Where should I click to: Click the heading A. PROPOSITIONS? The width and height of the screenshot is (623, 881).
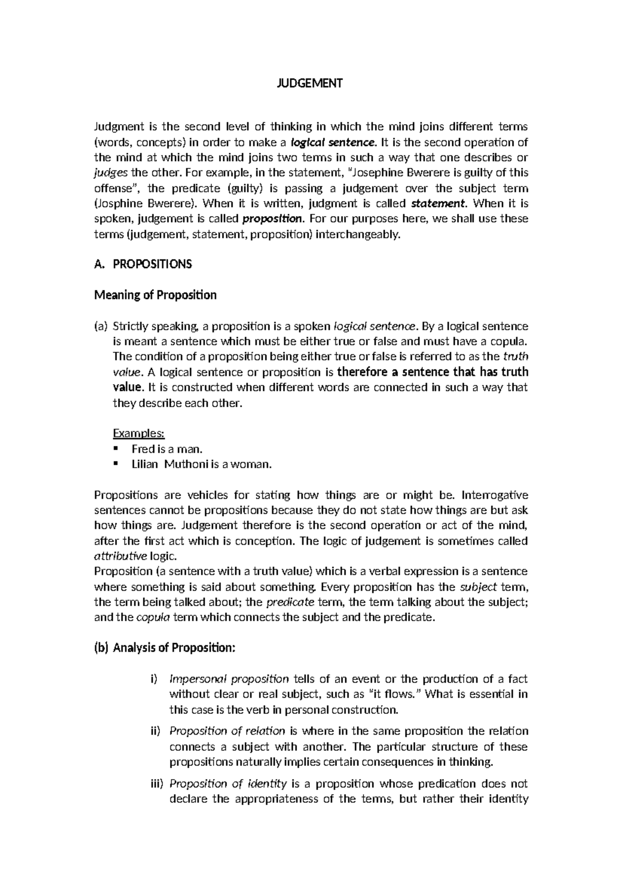click(x=143, y=264)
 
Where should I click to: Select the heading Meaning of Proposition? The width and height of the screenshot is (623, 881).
click(x=155, y=295)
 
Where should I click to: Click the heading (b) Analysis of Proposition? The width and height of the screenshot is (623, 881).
click(x=165, y=648)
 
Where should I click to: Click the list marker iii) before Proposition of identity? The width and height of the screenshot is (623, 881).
click(x=156, y=783)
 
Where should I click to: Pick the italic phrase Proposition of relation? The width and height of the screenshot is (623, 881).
click(x=227, y=731)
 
